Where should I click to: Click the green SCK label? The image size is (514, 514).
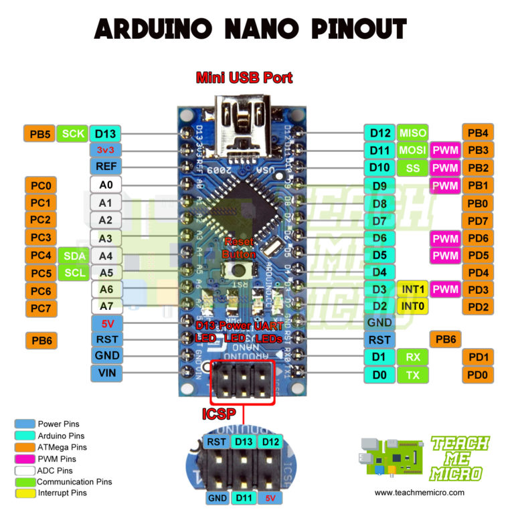pyautogui.click(x=72, y=133)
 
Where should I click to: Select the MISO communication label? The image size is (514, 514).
pyautogui.click(x=413, y=133)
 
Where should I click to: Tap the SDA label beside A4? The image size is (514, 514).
pyautogui.click(x=72, y=256)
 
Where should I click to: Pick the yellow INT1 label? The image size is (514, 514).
pyautogui.click(x=413, y=289)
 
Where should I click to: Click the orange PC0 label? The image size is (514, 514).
pyautogui.click(x=41, y=185)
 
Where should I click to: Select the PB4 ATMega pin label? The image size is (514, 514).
pyautogui.click(x=478, y=133)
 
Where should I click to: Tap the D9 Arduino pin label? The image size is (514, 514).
pyautogui.click(x=379, y=185)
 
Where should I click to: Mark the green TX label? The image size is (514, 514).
pyautogui.click(x=413, y=375)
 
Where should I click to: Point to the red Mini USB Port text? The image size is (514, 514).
pyautogui.click(x=244, y=78)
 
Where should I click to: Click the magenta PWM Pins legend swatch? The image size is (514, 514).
pyautogui.click(x=25, y=458)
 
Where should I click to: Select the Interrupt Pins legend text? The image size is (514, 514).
pyautogui.click(x=62, y=493)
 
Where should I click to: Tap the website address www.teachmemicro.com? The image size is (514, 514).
pyautogui.click(x=419, y=492)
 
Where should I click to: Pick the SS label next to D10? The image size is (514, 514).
pyautogui.click(x=413, y=167)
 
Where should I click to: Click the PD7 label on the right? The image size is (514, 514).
pyautogui.click(x=478, y=220)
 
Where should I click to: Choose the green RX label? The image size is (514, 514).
pyautogui.click(x=413, y=357)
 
